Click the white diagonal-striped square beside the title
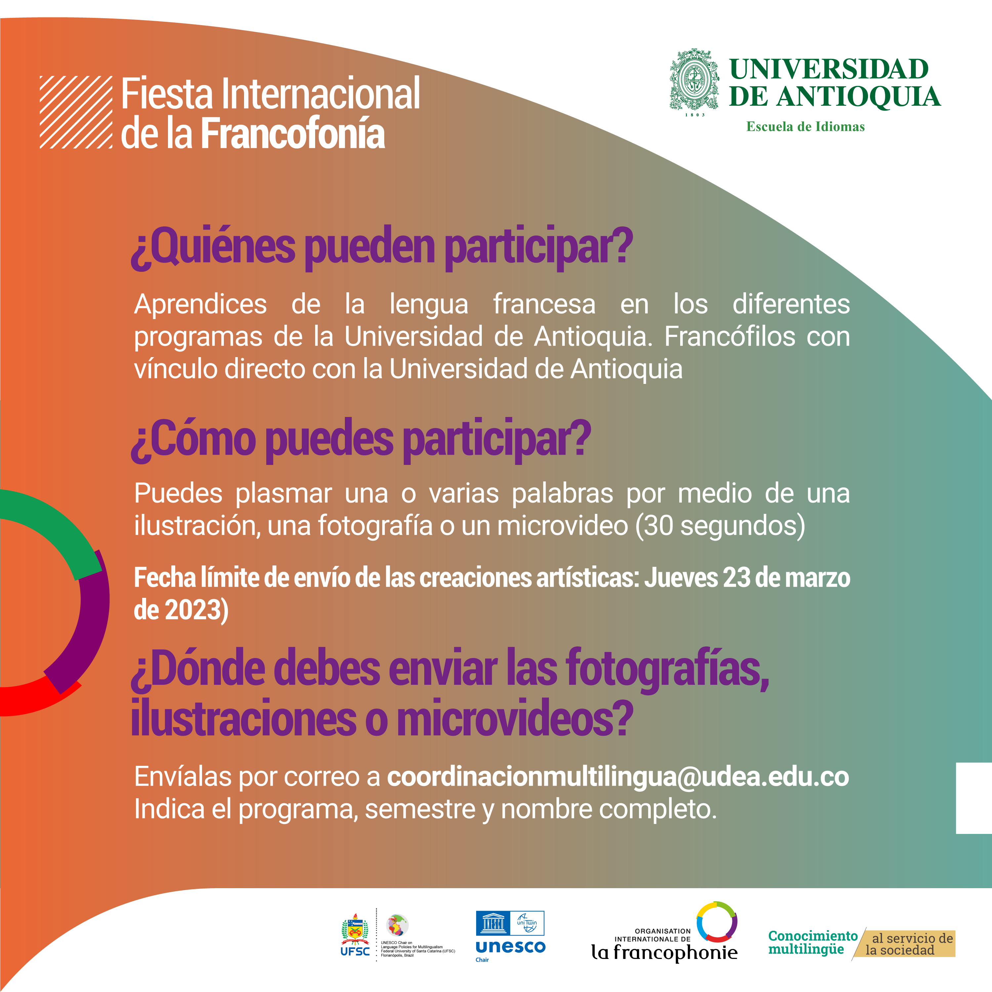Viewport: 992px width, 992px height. pyautogui.click(x=76, y=112)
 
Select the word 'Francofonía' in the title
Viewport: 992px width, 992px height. pyautogui.click(x=293, y=134)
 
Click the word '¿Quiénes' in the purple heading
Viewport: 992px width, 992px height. pyautogui.click(x=213, y=246)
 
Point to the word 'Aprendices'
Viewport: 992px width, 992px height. pyautogui.click(x=200, y=305)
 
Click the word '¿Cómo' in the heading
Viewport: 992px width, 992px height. pyautogui.click(x=193, y=439)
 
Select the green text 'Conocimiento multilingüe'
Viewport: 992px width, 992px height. pyautogui.click(x=813, y=943)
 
